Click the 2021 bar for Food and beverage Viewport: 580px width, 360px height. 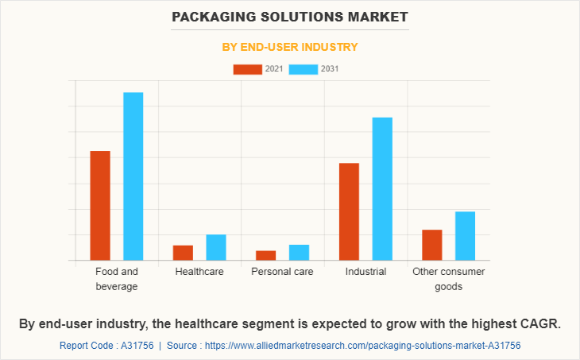[100, 205]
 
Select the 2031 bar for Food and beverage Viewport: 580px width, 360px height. [133, 176]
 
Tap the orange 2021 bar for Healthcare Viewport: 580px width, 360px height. [183, 253]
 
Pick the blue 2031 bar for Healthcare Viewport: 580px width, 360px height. [216, 247]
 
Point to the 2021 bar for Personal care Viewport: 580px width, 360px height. [265, 255]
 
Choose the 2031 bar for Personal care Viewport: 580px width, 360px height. [299, 252]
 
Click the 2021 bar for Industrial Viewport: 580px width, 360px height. [349, 211]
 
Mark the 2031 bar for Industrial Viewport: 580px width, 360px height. [382, 188]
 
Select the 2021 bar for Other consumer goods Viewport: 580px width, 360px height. [431, 245]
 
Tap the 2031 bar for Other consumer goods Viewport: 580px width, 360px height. [465, 235]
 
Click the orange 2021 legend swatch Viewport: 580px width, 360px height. [247, 69]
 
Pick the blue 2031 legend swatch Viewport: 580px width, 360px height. [304, 69]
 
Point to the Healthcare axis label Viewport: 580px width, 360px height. [199, 272]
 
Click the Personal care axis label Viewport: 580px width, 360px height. [282, 272]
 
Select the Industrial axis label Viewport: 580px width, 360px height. [365, 272]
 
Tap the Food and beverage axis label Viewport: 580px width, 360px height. [117, 279]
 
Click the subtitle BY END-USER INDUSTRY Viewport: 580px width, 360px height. [289, 47]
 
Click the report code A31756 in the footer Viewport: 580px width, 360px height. [134, 346]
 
